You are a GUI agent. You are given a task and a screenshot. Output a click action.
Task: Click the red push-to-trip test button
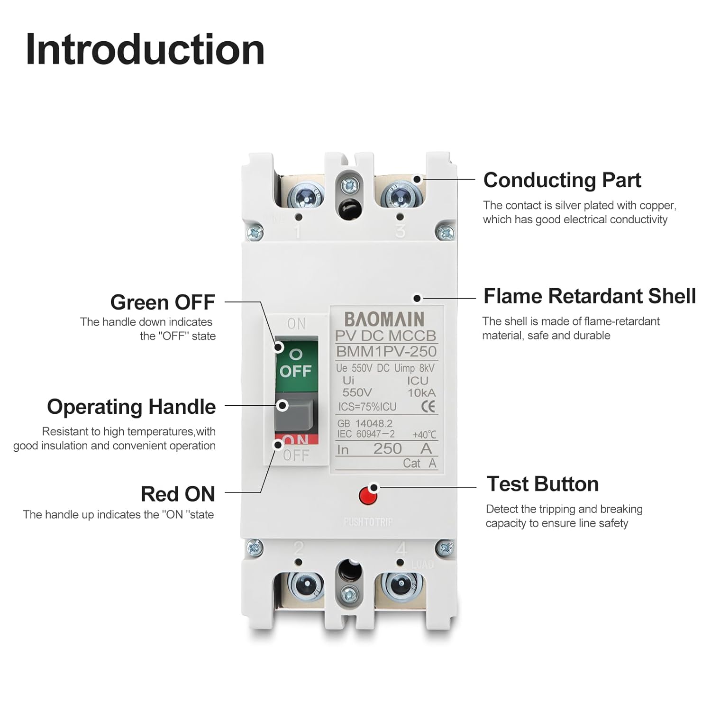pos(368,496)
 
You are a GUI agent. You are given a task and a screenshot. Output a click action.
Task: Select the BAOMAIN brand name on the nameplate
pos(384,319)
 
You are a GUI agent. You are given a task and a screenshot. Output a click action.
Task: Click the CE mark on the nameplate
pos(428,407)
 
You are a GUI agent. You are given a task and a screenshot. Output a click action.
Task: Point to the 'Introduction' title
pos(145,50)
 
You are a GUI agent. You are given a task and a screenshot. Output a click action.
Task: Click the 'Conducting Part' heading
pos(562,180)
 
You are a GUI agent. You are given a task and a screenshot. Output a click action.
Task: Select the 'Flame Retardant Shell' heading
pos(589,296)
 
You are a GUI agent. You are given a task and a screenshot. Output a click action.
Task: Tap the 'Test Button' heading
pos(542,484)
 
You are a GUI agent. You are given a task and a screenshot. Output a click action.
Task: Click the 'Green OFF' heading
pos(163,302)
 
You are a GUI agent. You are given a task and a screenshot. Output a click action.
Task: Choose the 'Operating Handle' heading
pos(131,407)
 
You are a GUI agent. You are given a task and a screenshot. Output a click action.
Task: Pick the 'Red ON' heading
pos(178,494)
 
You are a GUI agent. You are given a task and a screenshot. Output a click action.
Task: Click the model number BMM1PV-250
pos(386,351)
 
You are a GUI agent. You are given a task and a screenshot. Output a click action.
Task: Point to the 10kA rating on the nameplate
pos(421,392)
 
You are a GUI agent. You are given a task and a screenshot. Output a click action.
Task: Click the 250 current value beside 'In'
pos(387,448)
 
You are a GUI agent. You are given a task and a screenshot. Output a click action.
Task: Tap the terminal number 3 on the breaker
pos(400,231)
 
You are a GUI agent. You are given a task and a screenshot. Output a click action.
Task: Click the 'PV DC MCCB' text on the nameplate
pos(385,336)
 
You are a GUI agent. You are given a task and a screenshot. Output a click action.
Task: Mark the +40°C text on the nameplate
pos(424,435)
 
